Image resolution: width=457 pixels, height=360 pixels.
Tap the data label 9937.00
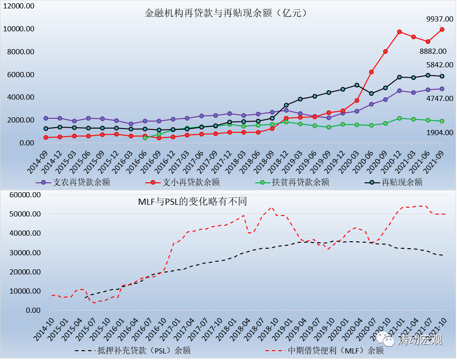click(x=439, y=19)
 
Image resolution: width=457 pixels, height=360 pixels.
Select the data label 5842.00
click(x=439, y=65)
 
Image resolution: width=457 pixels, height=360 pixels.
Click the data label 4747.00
click(x=439, y=98)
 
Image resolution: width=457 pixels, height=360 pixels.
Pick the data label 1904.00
click(x=439, y=132)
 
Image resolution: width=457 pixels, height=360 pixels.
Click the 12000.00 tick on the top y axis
click(x=20, y=6)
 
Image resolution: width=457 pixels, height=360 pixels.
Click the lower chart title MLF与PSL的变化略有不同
click(x=192, y=202)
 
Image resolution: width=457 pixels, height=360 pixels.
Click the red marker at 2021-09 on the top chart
click(x=442, y=29)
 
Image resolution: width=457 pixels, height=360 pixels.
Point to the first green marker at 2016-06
click(x=145, y=138)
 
